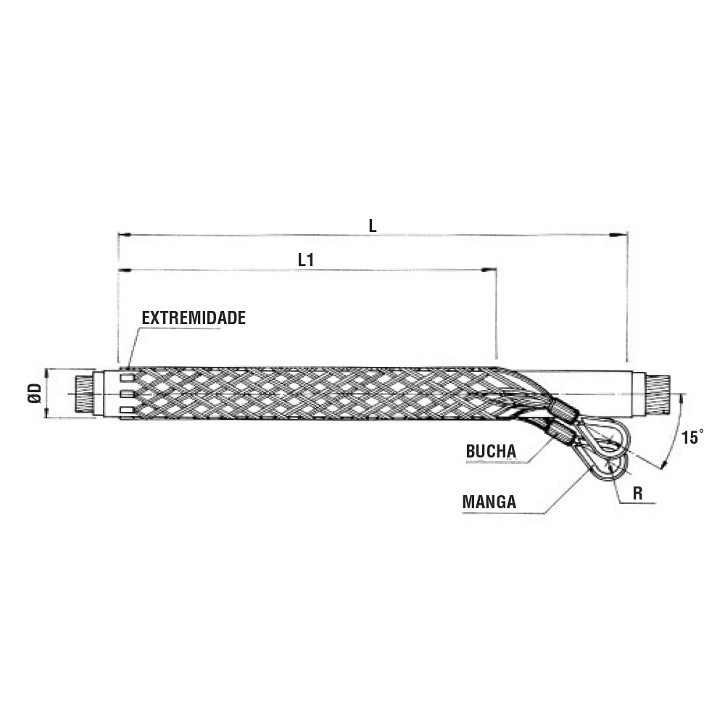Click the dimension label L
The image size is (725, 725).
click(x=373, y=225)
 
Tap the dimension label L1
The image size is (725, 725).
click(x=306, y=260)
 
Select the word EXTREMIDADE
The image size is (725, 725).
click(x=194, y=318)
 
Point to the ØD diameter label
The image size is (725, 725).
click(x=35, y=394)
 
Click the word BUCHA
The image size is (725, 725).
click(x=491, y=451)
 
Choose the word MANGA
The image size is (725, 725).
click(x=489, y=502)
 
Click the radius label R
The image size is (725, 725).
click(x=637, y=494)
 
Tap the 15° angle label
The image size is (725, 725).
click(x=692, y=437)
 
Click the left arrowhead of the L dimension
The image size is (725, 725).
click(x=125, y=235)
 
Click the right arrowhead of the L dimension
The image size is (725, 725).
click(x=621, y=236)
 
